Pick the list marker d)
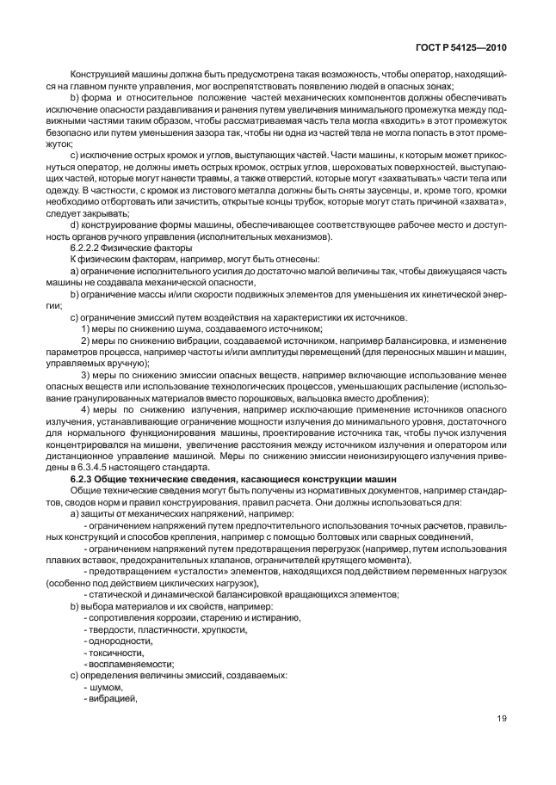(x=74, y=226)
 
